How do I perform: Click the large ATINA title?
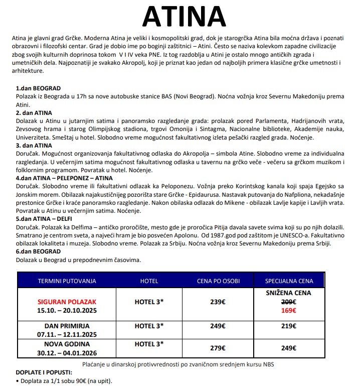point(180,17)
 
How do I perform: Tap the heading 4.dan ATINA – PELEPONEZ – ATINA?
point(64,178)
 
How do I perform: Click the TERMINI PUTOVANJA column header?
point(67,281)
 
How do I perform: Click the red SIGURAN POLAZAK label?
point(67,302)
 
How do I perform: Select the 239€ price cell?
point(218,302)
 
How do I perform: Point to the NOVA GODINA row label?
point(67,344)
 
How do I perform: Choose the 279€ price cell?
point(218,348)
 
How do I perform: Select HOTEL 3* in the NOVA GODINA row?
point(149,344)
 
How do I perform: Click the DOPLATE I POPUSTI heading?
point(44,372)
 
